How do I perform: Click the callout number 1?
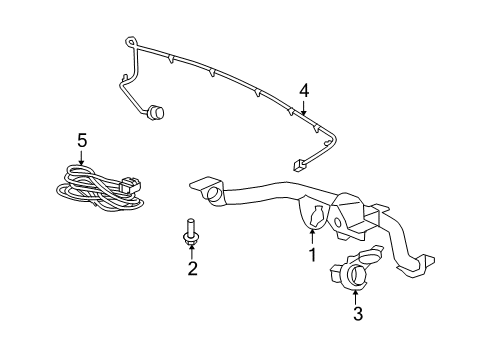point(312,255)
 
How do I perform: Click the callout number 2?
point(192,268)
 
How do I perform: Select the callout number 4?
point(303,93)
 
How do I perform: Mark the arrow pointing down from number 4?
point(305,111)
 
